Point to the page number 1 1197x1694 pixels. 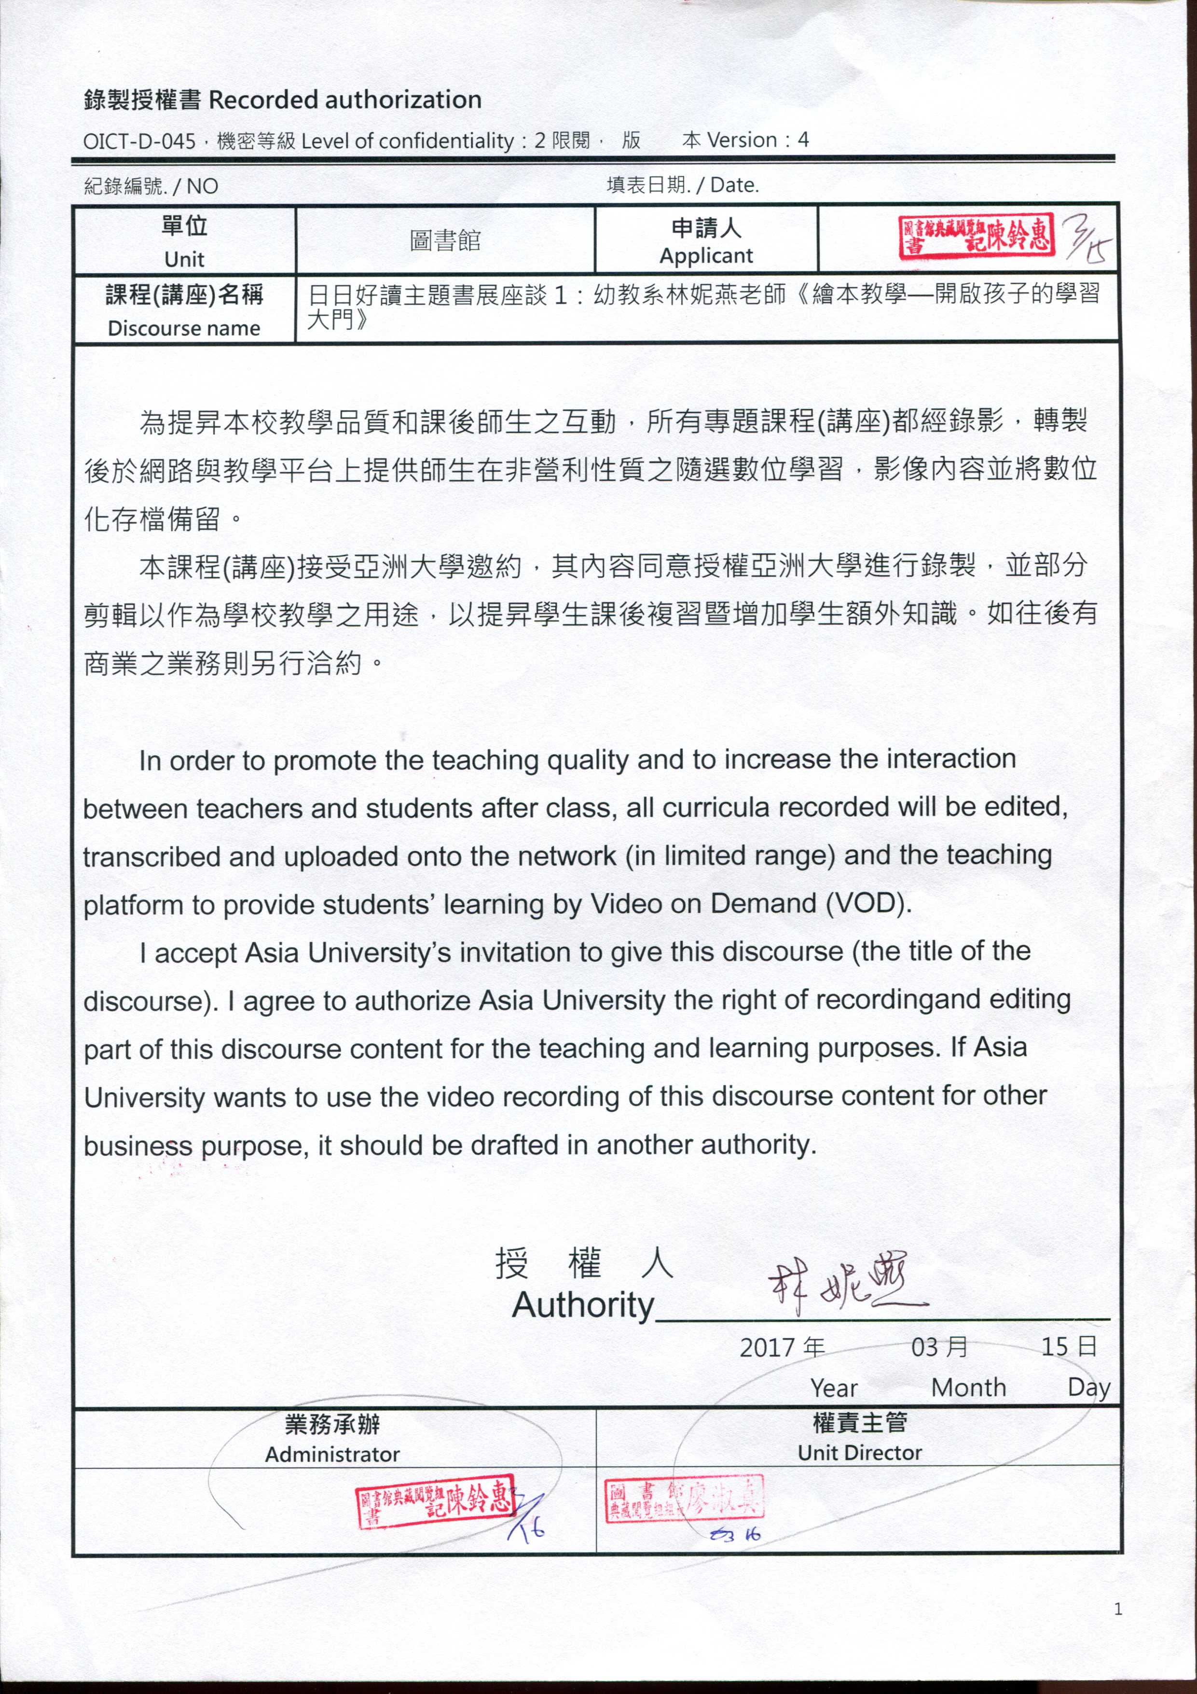click(1118, 1609)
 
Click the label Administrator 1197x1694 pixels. click(332, 1454)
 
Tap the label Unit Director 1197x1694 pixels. click(859, 1453)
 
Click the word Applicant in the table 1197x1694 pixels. click(706, 256)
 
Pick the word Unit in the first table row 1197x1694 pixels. click(184, 259)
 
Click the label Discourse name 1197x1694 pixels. click(184, 328)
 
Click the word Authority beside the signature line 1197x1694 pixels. click(583, 1305)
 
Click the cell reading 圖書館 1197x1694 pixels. click(445, 240)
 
